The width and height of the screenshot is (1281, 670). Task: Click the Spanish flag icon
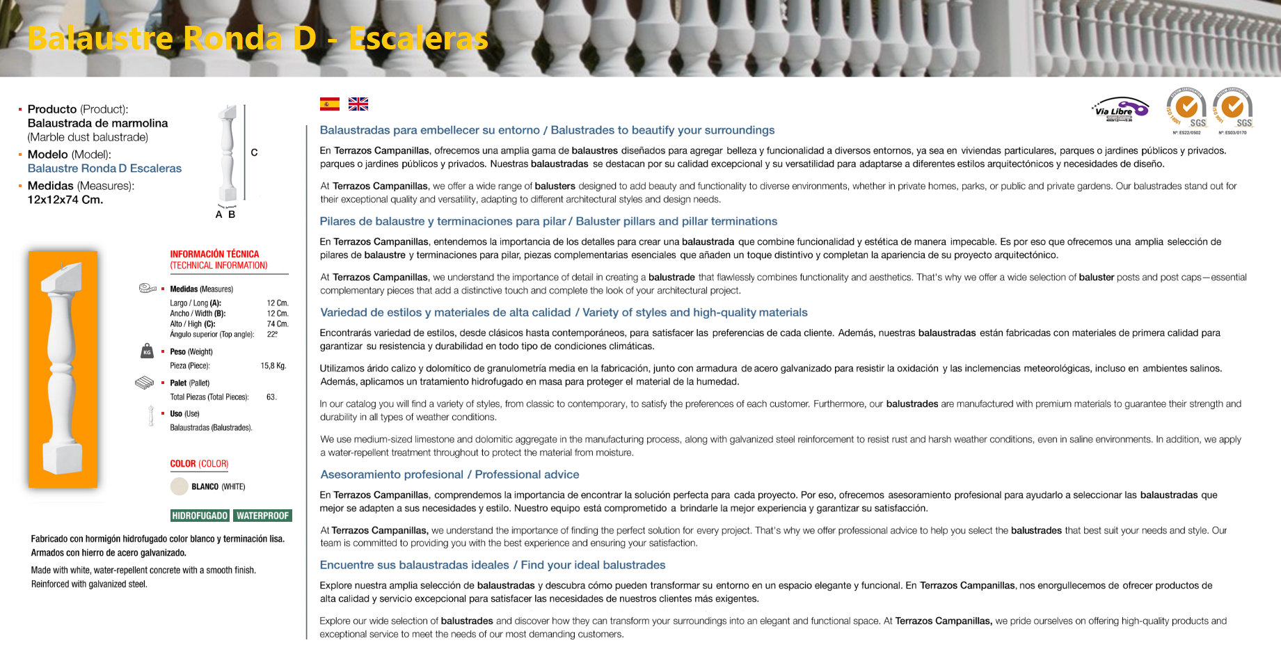[x=330, y=104]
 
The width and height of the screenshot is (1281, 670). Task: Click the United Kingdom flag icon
[x=358, y=104]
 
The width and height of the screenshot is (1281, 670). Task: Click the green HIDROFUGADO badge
[x=200, y=516]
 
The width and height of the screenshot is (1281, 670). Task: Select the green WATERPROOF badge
[x=262, y=516]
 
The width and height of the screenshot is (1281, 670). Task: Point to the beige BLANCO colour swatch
[x=180, y=486]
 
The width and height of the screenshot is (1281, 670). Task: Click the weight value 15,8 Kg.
[x=273, y=366]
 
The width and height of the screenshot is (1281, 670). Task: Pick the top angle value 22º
[x=272, y=335]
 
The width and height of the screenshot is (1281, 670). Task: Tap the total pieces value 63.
[x=271, y=397]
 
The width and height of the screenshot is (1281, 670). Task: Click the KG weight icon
[x=147, y=351]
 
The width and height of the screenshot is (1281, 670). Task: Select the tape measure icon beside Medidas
[x=148, y=288]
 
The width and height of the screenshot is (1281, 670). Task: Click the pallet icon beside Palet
[x=144, y=383]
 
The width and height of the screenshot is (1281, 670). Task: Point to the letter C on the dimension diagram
[x=254, y=152]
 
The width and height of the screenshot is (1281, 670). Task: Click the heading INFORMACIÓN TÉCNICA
[x=214, y=254]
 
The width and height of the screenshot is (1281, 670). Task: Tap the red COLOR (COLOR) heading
[x=199, y=464]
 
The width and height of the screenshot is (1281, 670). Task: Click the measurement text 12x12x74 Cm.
[x=65, y=200]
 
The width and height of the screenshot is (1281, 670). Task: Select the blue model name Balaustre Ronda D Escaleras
[x=104, y=168]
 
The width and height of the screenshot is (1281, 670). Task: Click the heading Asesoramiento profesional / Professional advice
[x=449, y=474]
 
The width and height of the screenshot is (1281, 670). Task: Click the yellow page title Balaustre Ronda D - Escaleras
[x=257, y=38]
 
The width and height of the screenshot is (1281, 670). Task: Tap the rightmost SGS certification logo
[x=1233, y=110]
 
